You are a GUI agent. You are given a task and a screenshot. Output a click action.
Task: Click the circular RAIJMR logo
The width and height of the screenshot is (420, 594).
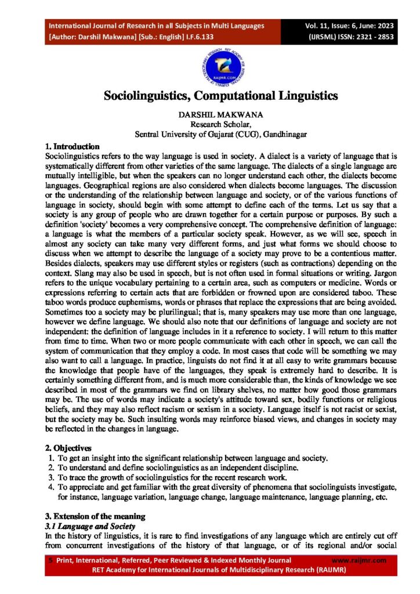pyautogui.click(x=209, y=64)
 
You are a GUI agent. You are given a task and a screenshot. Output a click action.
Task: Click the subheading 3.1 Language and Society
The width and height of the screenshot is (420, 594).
pyautogui.click(x=90, y=526)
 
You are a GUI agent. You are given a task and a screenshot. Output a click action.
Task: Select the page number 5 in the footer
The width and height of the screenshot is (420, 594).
pyautogui.click(x=50, y=560)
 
